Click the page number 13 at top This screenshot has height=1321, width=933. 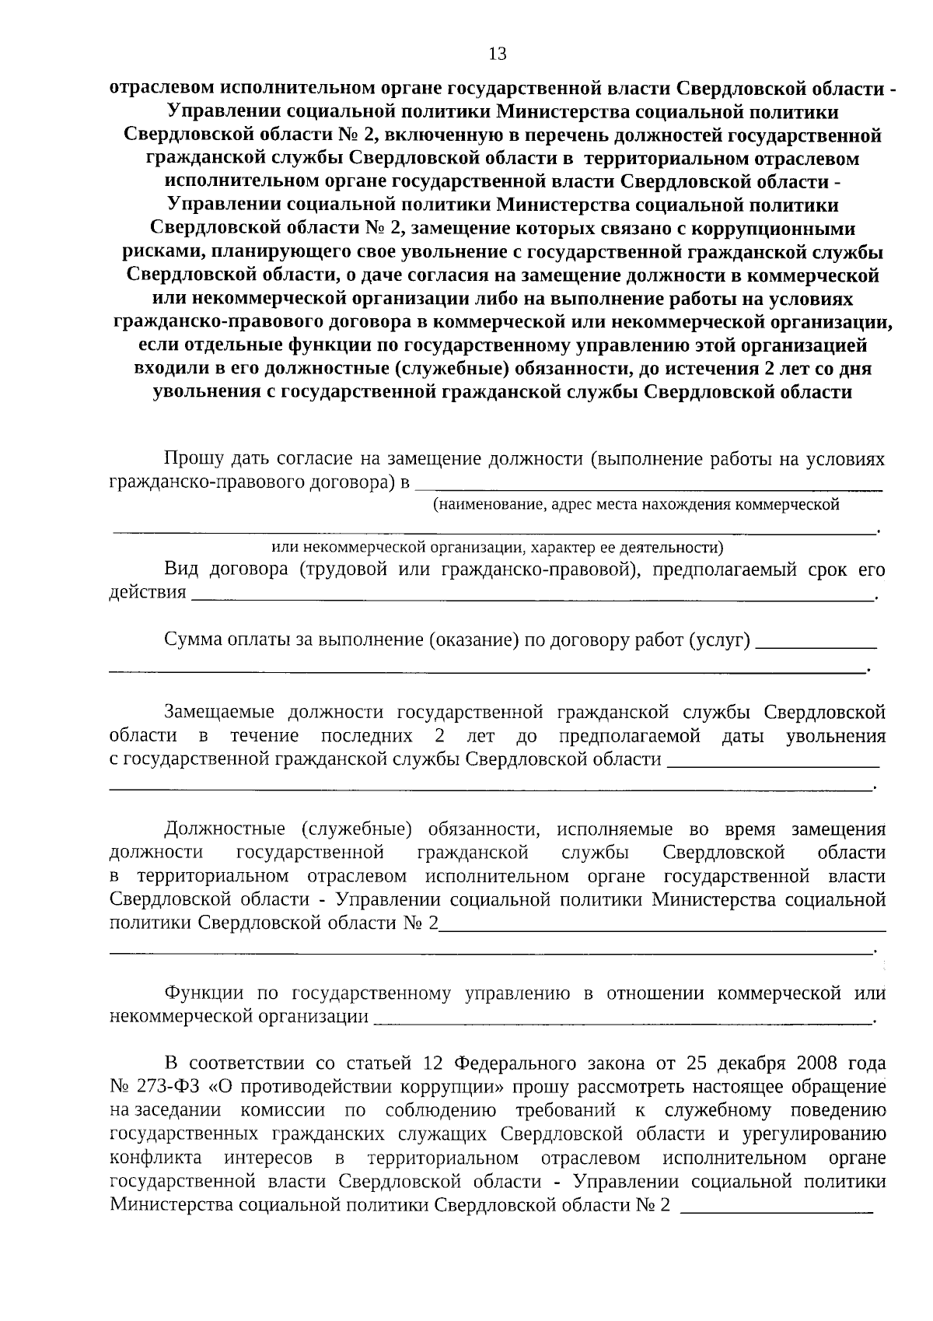point(497,54)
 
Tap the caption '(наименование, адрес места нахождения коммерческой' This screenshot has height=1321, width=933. point(636,504)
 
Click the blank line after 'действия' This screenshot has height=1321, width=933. point(533,595)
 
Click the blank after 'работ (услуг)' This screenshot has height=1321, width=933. point(816,644)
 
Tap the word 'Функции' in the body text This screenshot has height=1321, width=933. point(204,993)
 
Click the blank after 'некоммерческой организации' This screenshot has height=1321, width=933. point(622,1020)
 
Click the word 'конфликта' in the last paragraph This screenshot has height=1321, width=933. point(156,1157)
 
